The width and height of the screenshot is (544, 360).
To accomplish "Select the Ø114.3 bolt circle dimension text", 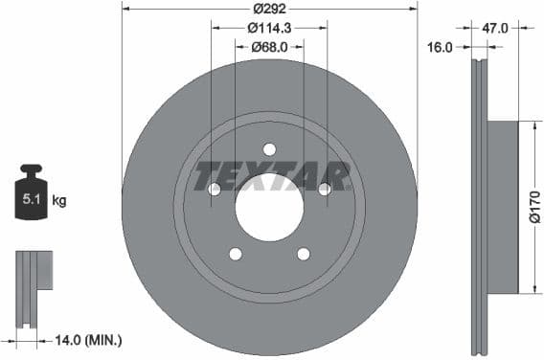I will click(269, 29).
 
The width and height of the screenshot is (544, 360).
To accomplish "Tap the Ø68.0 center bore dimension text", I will click(269, 46).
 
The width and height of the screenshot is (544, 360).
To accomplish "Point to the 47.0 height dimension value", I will click(494, 29).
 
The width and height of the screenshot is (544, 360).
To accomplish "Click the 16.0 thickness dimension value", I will click(442, 46).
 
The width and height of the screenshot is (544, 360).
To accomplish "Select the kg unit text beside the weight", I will click(59, 201).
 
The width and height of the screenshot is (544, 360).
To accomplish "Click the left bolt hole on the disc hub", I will click(215, 189).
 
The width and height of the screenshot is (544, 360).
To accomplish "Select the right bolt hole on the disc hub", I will click(325, 189).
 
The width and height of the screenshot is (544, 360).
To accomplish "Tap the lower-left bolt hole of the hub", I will click(236, 254).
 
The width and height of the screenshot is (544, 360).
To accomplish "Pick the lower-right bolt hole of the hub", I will click(304, 254).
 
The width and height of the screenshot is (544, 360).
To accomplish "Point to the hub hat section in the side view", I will click(503, 207).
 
